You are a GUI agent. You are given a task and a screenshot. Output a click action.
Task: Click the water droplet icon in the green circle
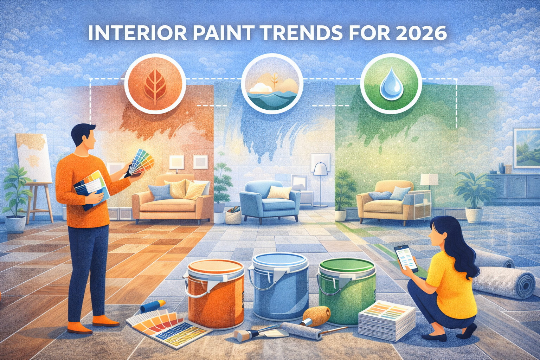(391, 84)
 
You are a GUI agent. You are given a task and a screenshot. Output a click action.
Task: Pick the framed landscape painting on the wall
(526, 148)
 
